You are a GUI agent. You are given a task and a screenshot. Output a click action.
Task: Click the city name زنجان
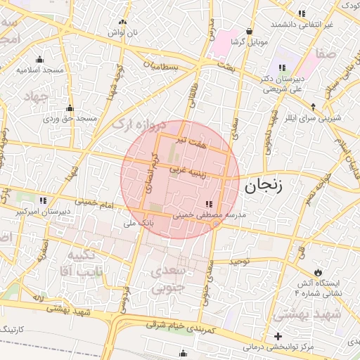pos(264,186)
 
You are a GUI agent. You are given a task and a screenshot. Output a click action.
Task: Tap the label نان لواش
pos(117,32)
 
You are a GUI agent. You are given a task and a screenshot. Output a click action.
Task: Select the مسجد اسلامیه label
pos(40,70)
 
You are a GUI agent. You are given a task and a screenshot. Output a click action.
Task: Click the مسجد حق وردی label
pos(70,119)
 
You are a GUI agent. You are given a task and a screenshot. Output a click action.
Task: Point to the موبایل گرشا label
pos(251,42)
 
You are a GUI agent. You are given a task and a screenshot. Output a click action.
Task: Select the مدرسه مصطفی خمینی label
pos(210,217)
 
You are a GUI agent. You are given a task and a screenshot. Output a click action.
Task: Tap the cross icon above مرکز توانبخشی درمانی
pos(278,336)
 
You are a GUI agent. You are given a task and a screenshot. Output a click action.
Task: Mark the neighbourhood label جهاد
pos(35,96)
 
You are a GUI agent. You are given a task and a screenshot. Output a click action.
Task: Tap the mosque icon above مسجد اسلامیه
pos(40,59)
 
